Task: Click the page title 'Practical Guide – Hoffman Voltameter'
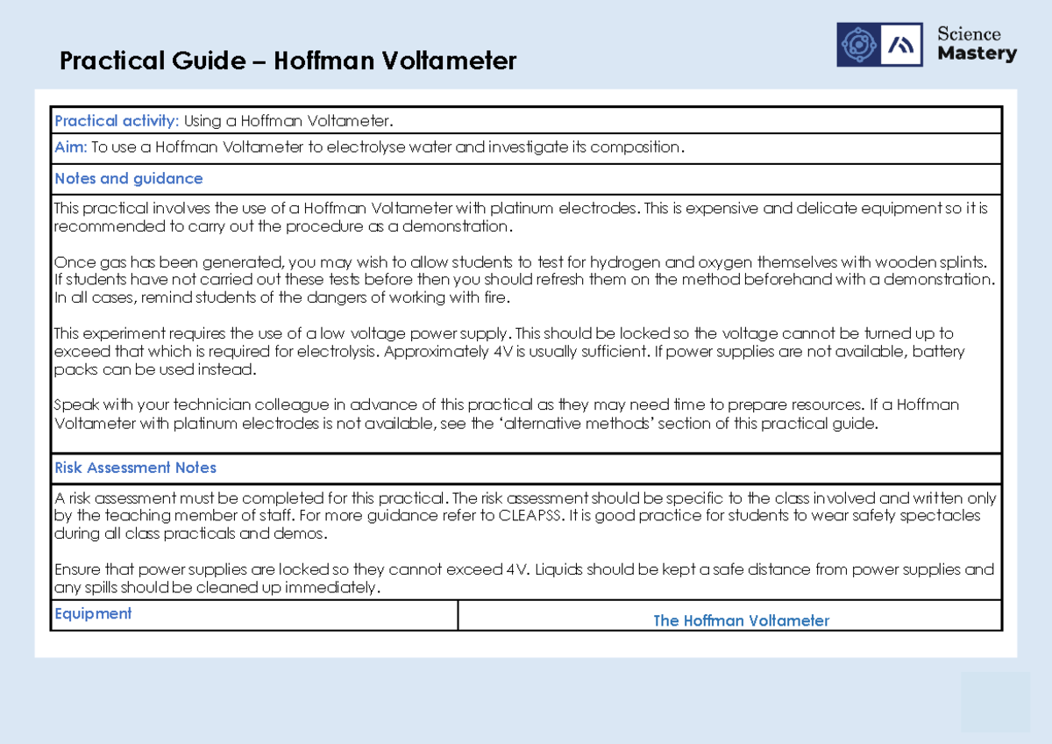[x=288, y=61]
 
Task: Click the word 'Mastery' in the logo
[x=977, y=54]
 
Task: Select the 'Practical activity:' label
[x=117, y=120]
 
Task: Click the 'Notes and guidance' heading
[x=128, y=179]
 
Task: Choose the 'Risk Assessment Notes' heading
[x=135, y=468]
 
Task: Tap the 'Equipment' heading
[x=93, y=613]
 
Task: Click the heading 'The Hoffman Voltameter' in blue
[x=741, y=620]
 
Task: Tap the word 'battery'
[x=938, y=352]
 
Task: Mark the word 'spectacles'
[x=941, y=516]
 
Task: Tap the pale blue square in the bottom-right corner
[x=995, y=702]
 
